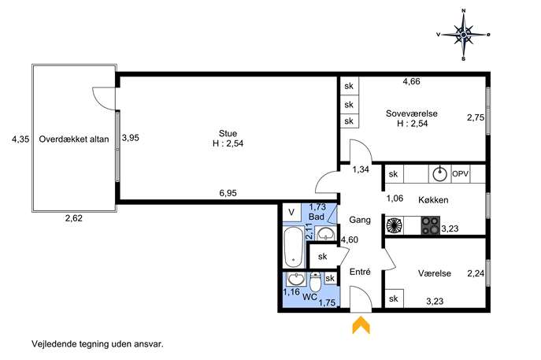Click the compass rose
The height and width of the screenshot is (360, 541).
[x=463, y=35]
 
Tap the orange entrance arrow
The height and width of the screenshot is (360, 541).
[x=361, y=325]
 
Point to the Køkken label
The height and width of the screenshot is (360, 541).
[x=433, y=200]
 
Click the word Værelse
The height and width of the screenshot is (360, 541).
[x=435, y=273]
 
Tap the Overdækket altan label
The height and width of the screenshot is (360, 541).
[x=74, y=139]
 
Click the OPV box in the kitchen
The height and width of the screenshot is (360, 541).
[x=460, y=173]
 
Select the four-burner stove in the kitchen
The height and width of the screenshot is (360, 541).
[x=430, y=225]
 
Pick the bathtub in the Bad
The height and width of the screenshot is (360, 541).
[x=293, y=247]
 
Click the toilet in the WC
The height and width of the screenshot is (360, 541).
[x=315, y=282]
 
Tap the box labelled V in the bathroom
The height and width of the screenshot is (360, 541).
[x=292, y=212]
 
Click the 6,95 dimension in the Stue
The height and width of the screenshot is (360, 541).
[x=228, y=193]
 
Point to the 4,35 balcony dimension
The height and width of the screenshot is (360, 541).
[x=20, y=139]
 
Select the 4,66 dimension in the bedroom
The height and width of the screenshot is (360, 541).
[x=412, y=81]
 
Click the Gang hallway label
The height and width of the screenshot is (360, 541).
[x=360, y=220]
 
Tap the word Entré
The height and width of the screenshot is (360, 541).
[x=360, y=272]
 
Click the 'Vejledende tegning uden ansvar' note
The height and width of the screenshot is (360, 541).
[x=98, y=344]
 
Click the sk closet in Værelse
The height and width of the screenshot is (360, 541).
[x=394, y=299]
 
